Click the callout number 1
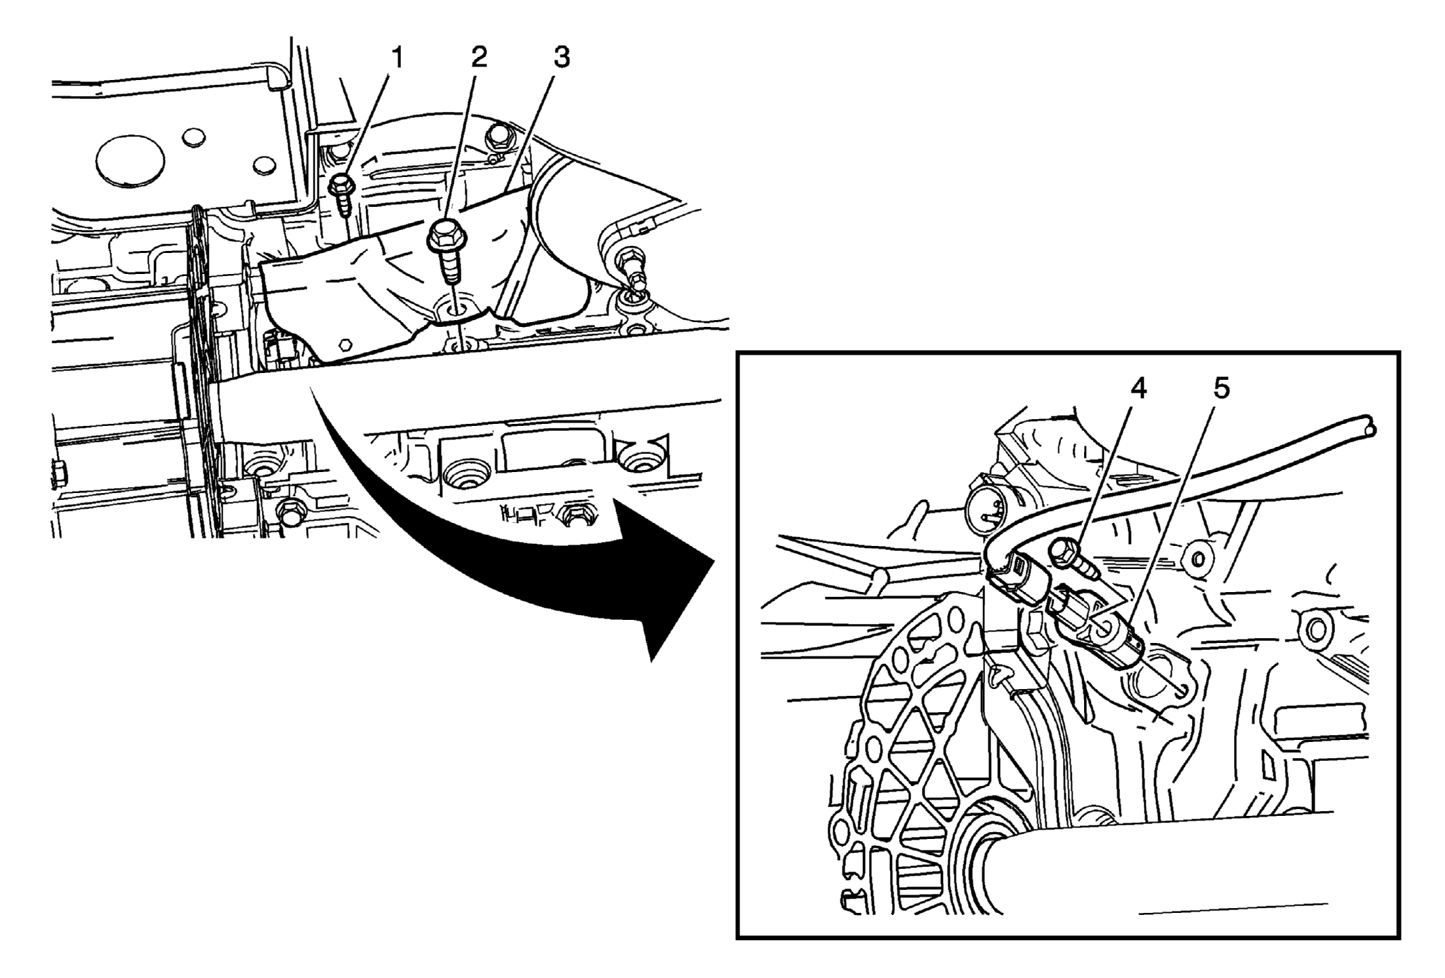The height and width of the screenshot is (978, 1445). pyautogui.click(x=398, y=58)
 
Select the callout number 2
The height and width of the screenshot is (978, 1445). pyautogui.click(x=479, y=58)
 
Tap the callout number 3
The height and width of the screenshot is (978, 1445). pyautogui.click(x=561, y=58)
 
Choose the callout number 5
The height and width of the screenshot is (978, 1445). pyautogui.click(x=1221, y=389)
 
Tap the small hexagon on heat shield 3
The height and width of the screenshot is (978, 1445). pyautogui.click(x=346, y=344)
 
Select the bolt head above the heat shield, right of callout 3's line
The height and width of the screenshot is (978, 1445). pyautogui.click(x=499, y=136)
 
